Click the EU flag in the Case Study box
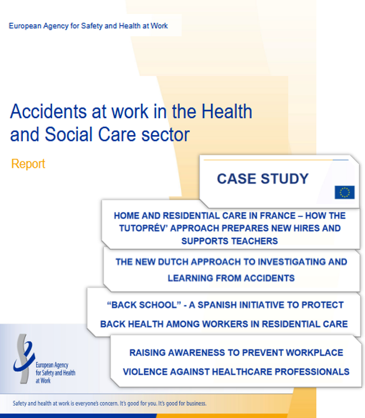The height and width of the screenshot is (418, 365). point(344,192)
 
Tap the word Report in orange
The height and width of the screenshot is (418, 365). point(28,164)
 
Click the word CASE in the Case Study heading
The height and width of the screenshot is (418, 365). point(238,179)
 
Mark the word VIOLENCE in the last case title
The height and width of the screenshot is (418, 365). point(148,371)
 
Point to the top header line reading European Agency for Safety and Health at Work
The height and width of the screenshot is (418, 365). point(88,26)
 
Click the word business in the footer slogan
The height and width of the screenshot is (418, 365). point(191,403)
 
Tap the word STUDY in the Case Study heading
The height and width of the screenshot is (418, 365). point(285,179)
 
